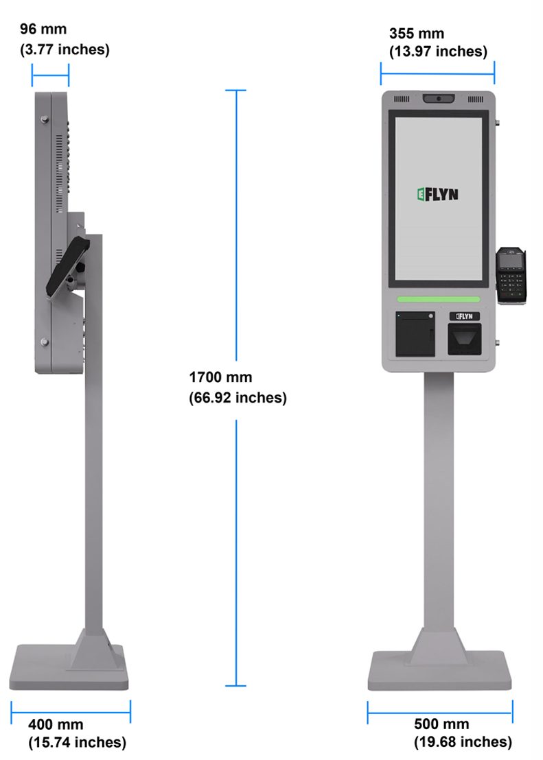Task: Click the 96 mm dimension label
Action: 42,29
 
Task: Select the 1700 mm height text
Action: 220,377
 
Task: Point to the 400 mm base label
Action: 56,724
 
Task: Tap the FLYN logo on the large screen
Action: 437,194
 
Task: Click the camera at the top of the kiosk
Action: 438,99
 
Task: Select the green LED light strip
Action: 438,299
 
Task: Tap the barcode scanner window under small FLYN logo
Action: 464,339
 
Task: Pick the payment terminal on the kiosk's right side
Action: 511,274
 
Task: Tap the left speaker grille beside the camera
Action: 401,99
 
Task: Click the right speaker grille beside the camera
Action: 475,99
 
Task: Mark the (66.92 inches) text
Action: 238,398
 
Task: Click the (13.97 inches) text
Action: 438,51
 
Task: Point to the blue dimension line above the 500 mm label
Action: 440,712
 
